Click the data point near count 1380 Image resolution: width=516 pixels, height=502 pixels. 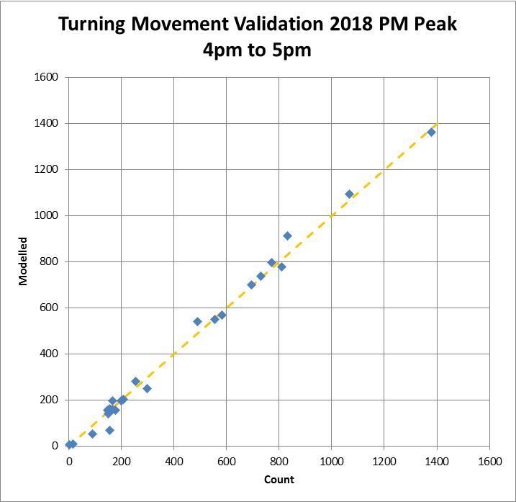click(432, 132)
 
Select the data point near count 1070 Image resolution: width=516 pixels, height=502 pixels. click(350, 194)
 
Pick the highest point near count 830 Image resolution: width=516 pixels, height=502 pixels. click(287, 236)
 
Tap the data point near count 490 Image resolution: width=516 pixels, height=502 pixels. click(197, 321)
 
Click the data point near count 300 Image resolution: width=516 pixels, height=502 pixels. click(147, 388)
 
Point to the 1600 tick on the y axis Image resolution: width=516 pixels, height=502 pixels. click(47, 77)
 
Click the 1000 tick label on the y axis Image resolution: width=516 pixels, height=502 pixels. click(47, 215)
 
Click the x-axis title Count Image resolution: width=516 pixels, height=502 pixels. click(279, 480)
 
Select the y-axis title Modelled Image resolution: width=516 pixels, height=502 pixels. click(23, 261)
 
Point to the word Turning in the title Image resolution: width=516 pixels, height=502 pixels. click(92, 24)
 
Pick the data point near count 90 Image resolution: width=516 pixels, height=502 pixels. click(92, 434)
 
